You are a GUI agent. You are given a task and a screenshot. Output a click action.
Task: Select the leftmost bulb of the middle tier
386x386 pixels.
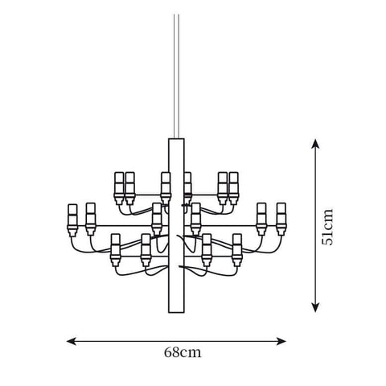(x=72, y=216)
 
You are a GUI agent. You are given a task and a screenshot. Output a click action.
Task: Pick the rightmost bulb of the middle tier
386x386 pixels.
(x=281, y=216)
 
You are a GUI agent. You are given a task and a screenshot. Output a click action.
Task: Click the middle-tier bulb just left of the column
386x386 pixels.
(x=157, y=216)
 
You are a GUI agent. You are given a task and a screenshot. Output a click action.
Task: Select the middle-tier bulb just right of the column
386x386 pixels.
(x=196, y=216)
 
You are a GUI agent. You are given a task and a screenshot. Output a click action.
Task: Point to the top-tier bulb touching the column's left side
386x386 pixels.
(x=166, y=183)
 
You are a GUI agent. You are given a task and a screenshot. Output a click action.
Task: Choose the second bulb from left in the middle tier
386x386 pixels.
(x=90, y=216)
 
